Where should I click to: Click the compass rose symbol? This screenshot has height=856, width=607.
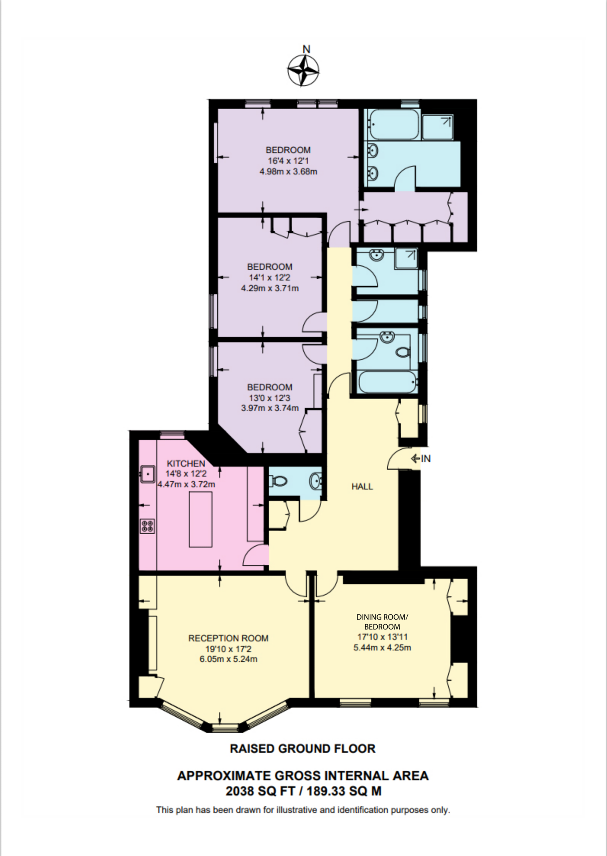[304, 71]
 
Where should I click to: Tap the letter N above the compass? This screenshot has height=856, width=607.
[306, 49]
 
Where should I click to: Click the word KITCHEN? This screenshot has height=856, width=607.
[186, 464]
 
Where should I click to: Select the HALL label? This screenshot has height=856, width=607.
[362, 487]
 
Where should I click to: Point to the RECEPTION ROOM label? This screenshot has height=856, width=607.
[228, 638]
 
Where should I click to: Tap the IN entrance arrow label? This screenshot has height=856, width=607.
[421, 459]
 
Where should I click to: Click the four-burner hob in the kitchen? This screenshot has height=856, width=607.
[147, 526]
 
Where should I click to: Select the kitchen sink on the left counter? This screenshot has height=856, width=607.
[147, 474]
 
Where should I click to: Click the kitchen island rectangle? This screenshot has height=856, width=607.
[201, 520]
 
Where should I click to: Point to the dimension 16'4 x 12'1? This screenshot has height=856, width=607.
[288, 161]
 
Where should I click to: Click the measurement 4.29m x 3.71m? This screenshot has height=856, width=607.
[269, 288]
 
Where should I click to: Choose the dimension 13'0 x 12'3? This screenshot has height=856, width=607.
[269, 398]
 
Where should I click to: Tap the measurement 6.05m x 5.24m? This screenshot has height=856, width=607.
[228, 660]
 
